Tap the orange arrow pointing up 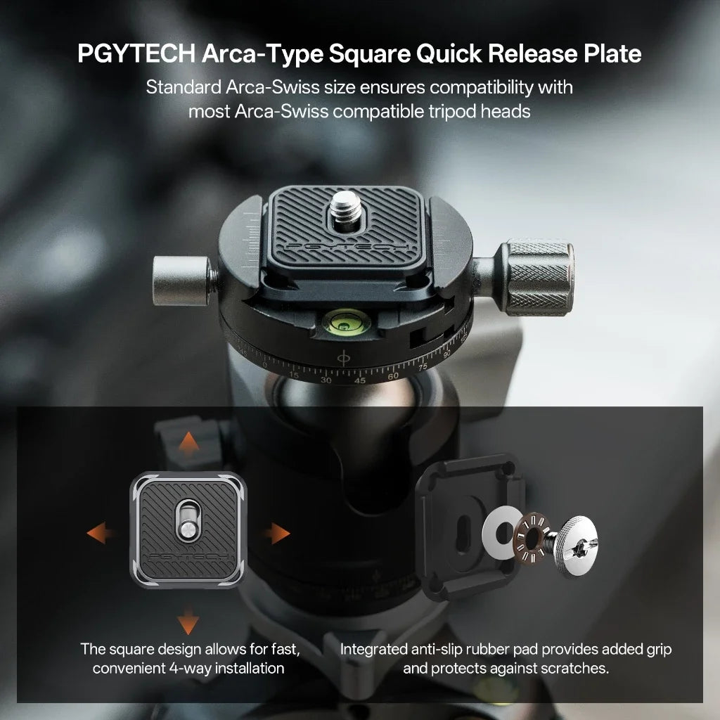(x=187, y=445)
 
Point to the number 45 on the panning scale (x=359, y=380)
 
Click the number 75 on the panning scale (x=423, y=367)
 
